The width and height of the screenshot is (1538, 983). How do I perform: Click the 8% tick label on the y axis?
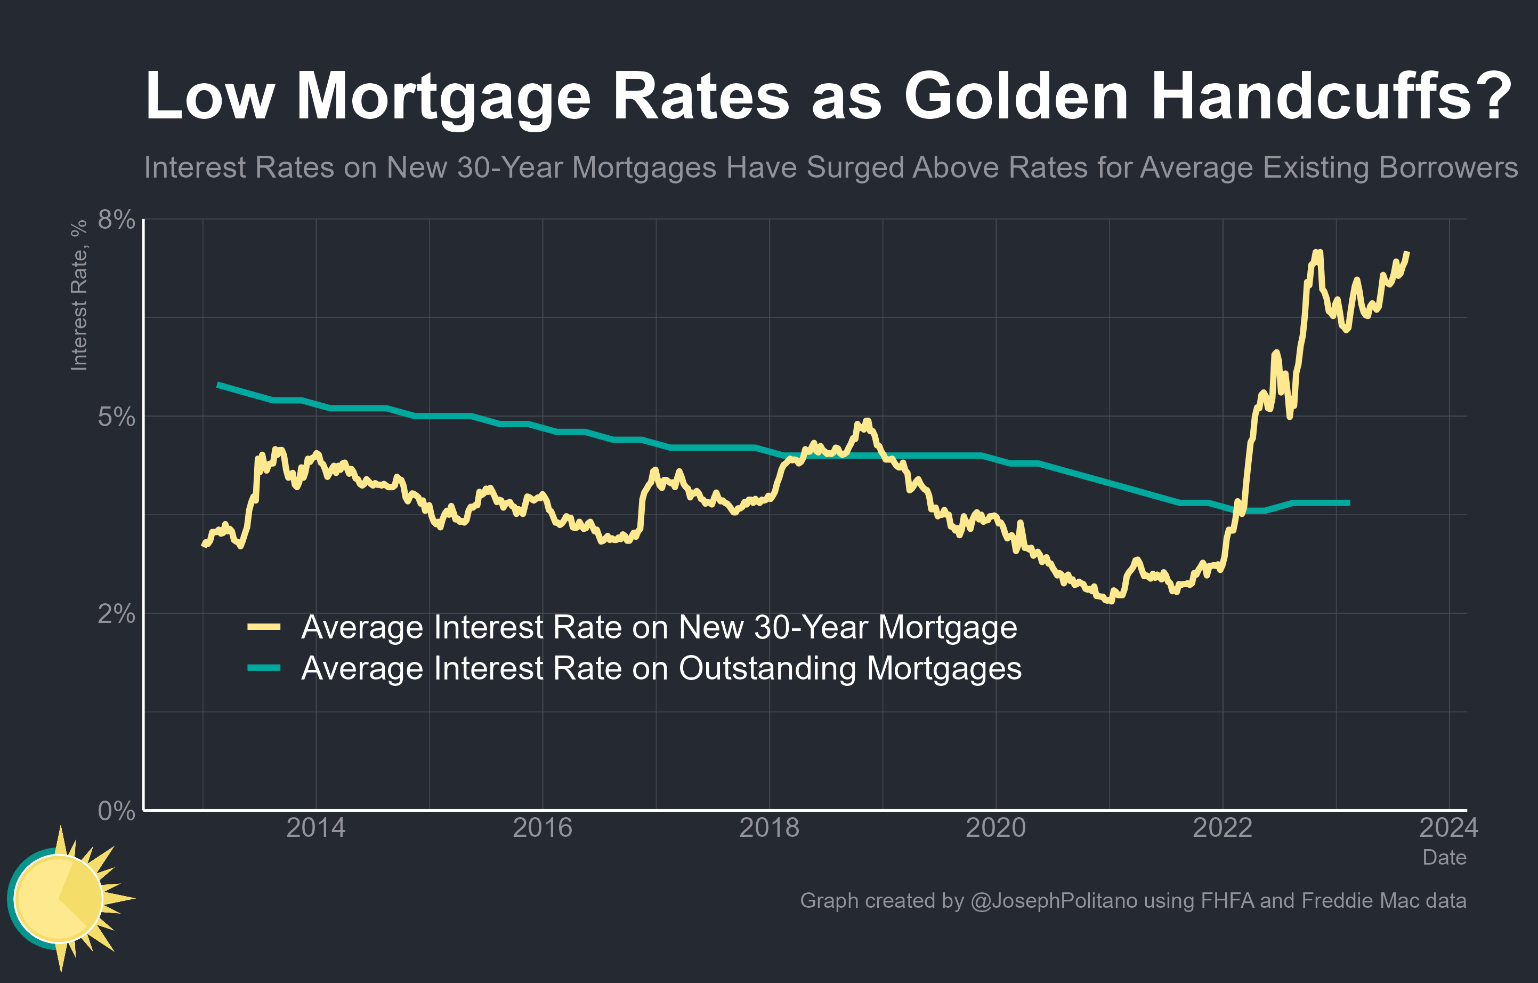pos(116,219)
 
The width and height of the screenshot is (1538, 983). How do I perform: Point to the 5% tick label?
pos(116,417)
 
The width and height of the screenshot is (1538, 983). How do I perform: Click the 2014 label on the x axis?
pos(315,828)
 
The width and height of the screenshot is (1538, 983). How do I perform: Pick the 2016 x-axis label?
pos(543,828)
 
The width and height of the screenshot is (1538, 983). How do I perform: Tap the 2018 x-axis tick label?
pos(769,828)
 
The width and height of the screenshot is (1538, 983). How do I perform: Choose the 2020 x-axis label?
pos(995,828)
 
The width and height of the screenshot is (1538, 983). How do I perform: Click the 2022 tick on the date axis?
pos(1223,828)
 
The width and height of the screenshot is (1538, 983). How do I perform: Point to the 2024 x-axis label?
pos(1448,828)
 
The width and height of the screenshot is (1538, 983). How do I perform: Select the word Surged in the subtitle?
pos(856,167)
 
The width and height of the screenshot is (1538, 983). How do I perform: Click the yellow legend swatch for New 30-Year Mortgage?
pos(264,627)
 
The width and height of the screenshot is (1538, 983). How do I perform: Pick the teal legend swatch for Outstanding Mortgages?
pos(264,668)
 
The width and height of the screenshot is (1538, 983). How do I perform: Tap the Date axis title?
pos(1444,857)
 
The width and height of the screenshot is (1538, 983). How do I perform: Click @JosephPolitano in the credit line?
pos(1053,900)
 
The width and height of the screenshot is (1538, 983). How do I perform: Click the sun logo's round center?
pos(58,898)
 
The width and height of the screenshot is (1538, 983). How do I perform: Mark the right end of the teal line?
pos(1349,503)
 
